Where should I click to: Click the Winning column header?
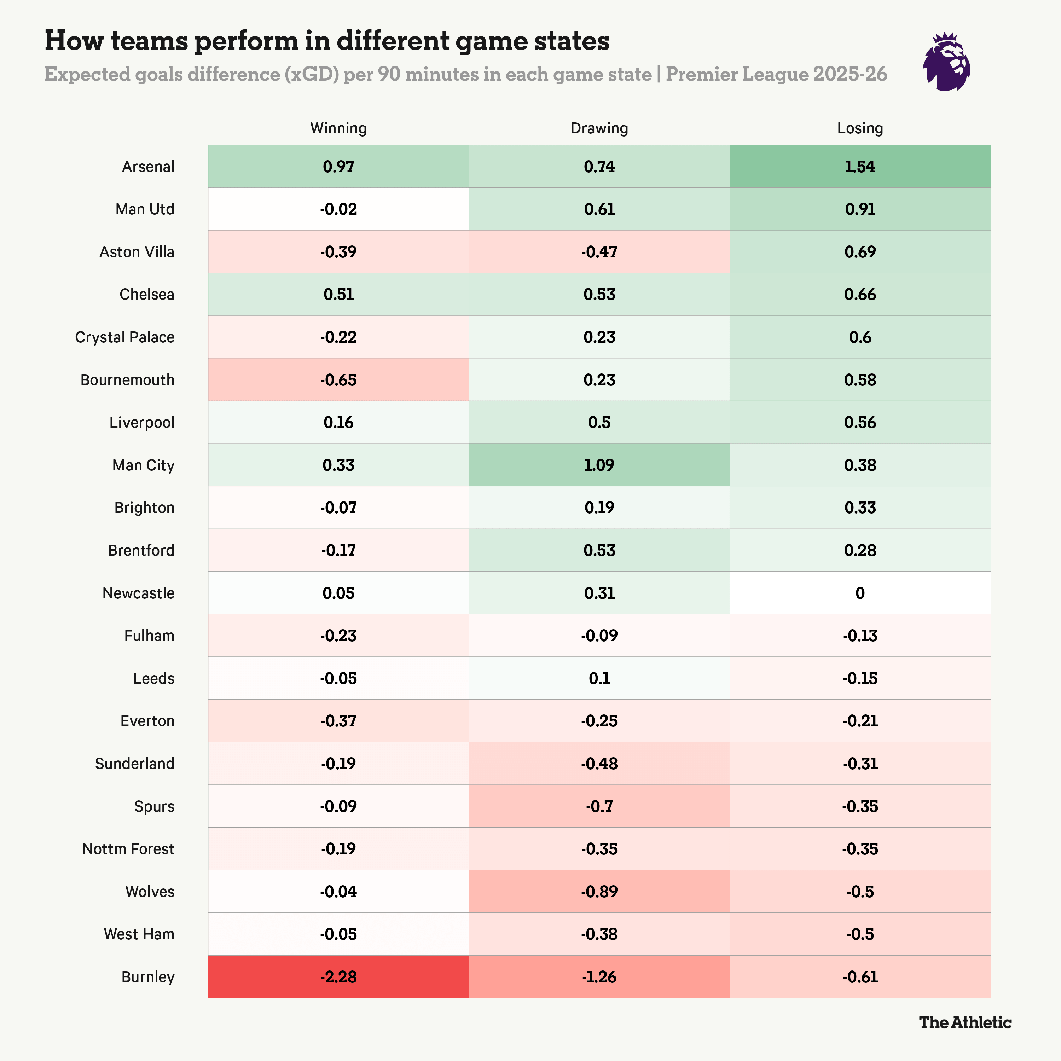click(x=338, y=128)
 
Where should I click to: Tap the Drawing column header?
click(x=599, y=128)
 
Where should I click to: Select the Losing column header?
click(x=860, y=128)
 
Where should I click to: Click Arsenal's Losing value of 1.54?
click(x=860, y=166)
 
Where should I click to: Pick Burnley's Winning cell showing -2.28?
click(x=338, y=977)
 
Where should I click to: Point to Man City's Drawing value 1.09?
click(x=599, y=465)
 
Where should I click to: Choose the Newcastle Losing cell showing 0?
click(x=860, y=593)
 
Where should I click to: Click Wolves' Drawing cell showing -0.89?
click(x=599, y=891)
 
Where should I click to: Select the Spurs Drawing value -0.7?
click(x=599, y=806)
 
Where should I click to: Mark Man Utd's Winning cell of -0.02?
click(x=338, y=209)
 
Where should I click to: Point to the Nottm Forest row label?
click(x=128, y=849)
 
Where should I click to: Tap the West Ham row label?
click(x=139, y=934)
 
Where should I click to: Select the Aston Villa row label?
click(x=137, y=252)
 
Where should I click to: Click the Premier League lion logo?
click(x=946, y=62)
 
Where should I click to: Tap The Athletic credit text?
click(x=965, y=1022)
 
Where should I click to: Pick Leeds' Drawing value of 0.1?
click(x=599, y=678)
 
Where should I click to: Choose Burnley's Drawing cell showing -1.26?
click(x=599, y=977)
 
